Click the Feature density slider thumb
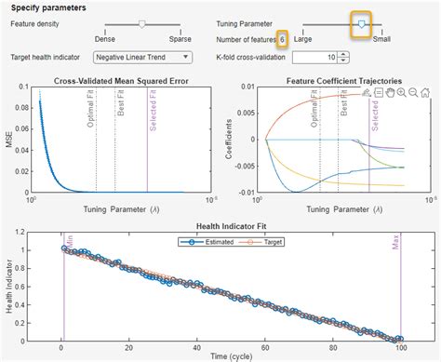tap(141, 23)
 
